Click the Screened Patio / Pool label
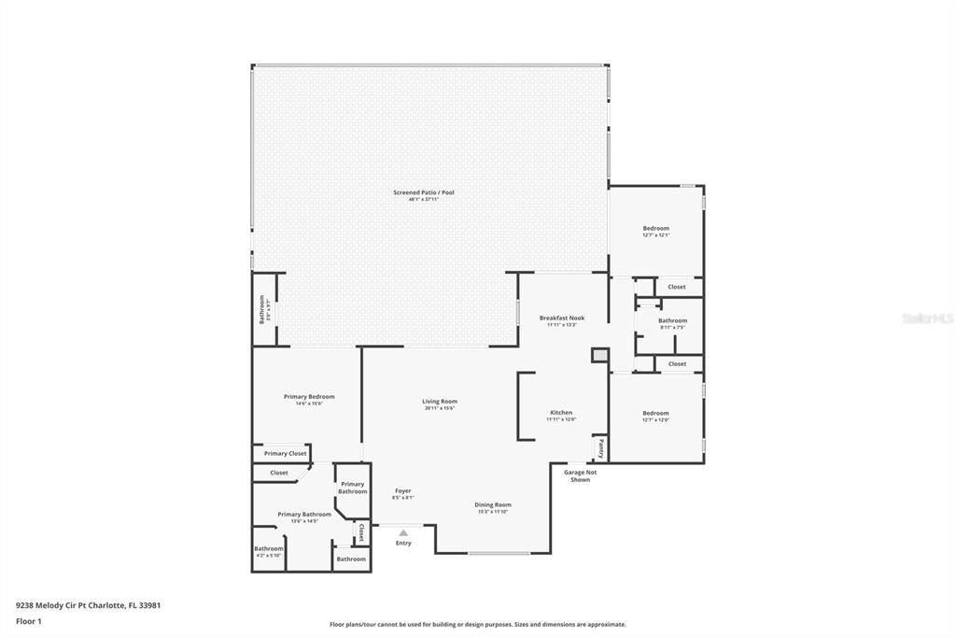(x=423, y=192)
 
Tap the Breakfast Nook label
(x=562, y=318)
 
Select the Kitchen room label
(x=561, y=412)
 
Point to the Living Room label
(x=440, y=402)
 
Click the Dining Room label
(x=493, y=504)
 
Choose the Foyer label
(x=402, y=490)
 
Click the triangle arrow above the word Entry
(x=403, y=533)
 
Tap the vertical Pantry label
(x=601, y=448)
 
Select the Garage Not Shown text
(x=580, y=475)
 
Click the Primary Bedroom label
(x=309, y=396)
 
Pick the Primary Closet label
(x=285, y=453)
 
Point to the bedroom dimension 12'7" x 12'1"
(x=655, y=235)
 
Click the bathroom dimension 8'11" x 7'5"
(x=672, y=328)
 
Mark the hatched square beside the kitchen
(x=599, y=356)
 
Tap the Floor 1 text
(x=29, y=620)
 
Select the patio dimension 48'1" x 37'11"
(x=423, y=200)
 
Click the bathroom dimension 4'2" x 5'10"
(x=269, y=556)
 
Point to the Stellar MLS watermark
(x=927, y=318)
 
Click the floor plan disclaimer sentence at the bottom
(x=477, y=625)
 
